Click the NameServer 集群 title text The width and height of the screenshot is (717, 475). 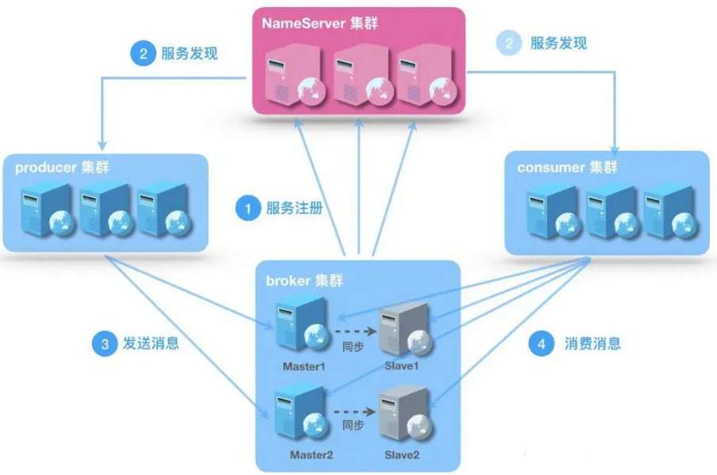[x=320, y=23]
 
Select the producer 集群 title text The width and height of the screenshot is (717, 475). [x=62, y=168]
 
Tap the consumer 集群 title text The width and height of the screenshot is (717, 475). [x=567, y=168]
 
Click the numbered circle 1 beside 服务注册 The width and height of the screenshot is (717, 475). [x=248, y=209]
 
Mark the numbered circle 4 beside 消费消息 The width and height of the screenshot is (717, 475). [x=542, y=344]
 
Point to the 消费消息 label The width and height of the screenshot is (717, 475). [x=592, y=344]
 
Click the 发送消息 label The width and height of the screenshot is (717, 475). [x=150, y=343]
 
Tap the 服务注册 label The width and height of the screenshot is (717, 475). [x=293, y=209]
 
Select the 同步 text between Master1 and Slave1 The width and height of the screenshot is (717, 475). [x=353, y=347]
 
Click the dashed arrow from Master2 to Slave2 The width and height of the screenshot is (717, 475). [x=353, y=412]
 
